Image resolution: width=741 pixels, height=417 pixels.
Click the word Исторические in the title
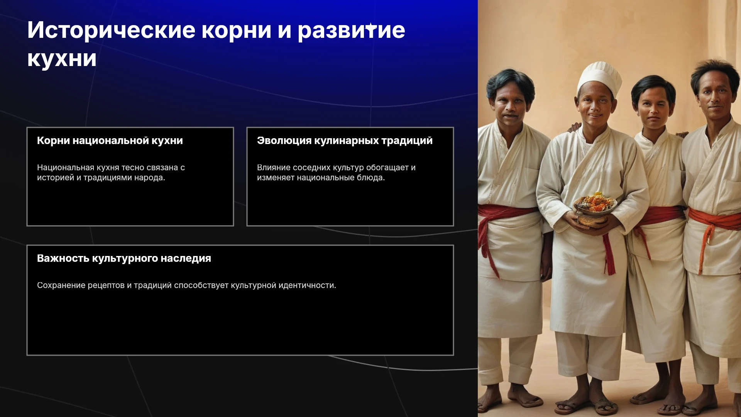(x=112, y=30)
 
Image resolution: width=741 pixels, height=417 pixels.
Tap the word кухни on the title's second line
(x=62, y=59)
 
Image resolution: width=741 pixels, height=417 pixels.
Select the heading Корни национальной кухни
(x=110, y=141)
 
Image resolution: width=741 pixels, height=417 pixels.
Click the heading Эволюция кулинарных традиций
(x=345, y=141)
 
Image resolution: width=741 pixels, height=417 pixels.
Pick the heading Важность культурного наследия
(x=124, y=258)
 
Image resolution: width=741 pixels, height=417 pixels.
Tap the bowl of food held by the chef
(x=594, y=208)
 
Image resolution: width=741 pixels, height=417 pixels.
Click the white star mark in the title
(x=371, y=27)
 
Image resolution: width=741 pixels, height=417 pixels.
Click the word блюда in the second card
(x=372, y=178)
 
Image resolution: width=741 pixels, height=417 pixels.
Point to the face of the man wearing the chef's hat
(x=594, y=106)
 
